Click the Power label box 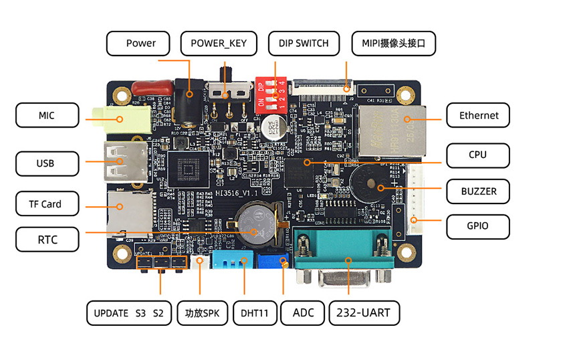click(x=140, y=43)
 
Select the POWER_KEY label click(x=219, y=43)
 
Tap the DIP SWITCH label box click(x=299, y=43)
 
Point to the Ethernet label click(x=478, y=115)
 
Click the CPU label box click(x=478, y=155)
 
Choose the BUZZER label click(x=478, y=191)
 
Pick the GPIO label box click(x=477, y=226)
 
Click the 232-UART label click(x=364, y=312)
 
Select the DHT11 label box click(x=254, y=312)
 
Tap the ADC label click(x=303, y=312)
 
